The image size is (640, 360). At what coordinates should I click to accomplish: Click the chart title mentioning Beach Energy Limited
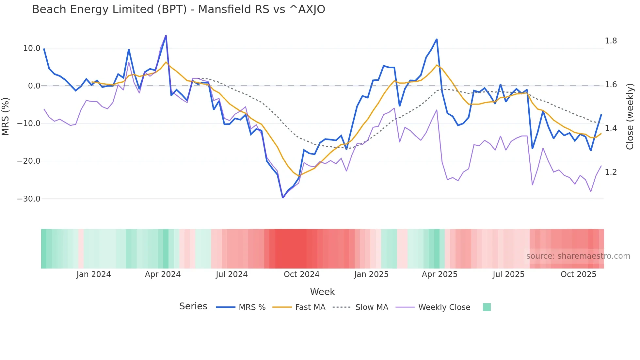pyautogui.click(x=179, y=9)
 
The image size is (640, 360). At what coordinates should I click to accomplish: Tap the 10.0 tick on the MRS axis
pyautogui.click(x=32, y=48)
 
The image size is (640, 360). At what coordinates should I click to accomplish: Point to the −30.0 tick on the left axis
pyautogui.click(x=29, y=199)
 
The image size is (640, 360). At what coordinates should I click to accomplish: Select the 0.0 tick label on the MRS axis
pyautogui.click(x=34, y=86)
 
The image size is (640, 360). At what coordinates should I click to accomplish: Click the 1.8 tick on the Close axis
pyautogui.click(x=611, y=41)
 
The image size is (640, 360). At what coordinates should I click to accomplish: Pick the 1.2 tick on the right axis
pyautogui.click(x=611, y=172)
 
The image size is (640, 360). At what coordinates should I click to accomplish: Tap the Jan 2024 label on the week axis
pyautogui.click(x=94, y=274)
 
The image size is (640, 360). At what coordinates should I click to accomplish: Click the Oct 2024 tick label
pyautogui.click(x=301, y=274)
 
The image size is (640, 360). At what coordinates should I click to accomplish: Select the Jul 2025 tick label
pyautogui.click(x=508, y=274)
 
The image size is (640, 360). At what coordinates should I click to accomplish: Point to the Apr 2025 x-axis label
pyautogui.click(x=440, y=274)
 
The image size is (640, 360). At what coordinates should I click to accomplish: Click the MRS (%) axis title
pyautogui.click(x=5, y=117)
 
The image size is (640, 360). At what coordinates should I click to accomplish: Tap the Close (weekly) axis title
pyautogui.click(x=630, y=117)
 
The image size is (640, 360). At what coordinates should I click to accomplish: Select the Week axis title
pyautogui.click(x=322, y=292)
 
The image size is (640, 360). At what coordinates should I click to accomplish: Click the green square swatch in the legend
pyautogui.click(x=487, y=307)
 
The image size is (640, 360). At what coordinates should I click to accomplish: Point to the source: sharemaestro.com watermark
pyautogui.click(x=578, y=256)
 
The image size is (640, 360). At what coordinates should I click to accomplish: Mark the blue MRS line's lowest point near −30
pyautogui.click(x=283, y=198)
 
